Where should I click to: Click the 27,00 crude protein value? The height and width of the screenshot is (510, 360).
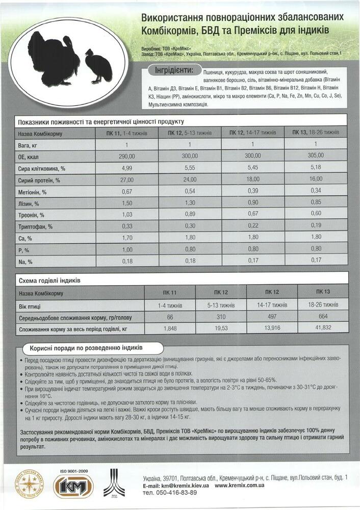126,180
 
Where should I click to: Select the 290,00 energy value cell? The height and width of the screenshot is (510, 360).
126,156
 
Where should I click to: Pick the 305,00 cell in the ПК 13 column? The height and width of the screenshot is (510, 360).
316,156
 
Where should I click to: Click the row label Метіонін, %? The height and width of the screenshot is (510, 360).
33,192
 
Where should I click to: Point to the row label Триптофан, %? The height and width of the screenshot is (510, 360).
36,226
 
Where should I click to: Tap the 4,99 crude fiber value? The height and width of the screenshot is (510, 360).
126,168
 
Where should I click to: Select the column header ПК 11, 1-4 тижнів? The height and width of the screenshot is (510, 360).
126,133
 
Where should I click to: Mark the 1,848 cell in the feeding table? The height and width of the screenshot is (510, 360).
170,329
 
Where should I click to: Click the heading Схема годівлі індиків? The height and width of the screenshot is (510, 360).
49,281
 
